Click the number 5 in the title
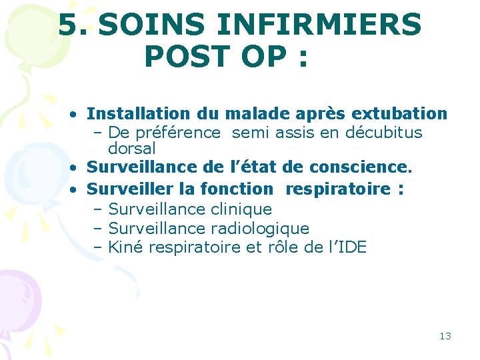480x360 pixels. (x=67, y=25)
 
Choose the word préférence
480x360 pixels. (x=177, y=132)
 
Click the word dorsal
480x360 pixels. (x=131, y=148)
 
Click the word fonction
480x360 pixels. (x=236, y=189)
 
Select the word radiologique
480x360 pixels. (x=260, y=229)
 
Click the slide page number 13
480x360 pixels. (x=445, y=335)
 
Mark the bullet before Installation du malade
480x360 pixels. (x=78, y=115)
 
